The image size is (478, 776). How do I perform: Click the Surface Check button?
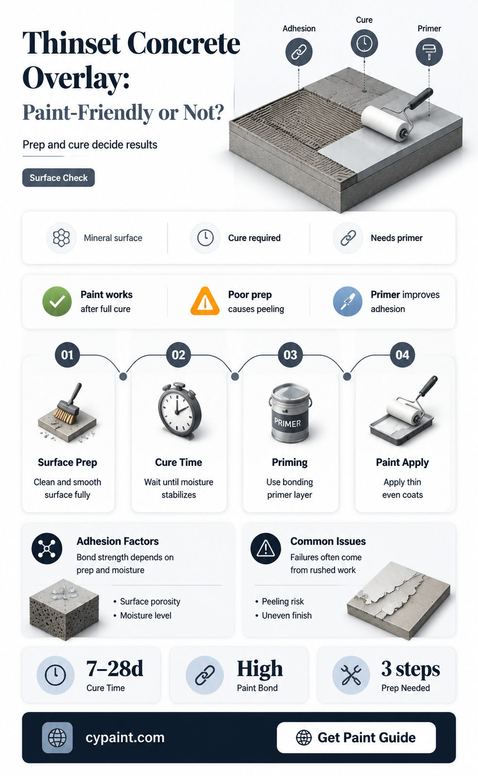(58, 178)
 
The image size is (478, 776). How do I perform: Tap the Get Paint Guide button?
(356, 738)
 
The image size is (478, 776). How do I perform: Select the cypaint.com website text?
(125, 738)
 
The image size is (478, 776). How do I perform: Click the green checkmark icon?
(57, 301)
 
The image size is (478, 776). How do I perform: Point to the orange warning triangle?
(205, 301)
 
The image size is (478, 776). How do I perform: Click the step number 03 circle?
(290, 355)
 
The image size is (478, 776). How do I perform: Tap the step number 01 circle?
(68, 355)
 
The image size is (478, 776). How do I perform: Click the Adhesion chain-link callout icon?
(299, 52)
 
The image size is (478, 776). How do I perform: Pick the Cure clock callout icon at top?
(364, 43)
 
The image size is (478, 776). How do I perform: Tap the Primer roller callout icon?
(429, 52)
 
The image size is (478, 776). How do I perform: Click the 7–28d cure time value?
(115, 668)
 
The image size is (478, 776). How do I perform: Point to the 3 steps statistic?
(410, 669)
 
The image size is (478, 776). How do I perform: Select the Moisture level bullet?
(142, 615)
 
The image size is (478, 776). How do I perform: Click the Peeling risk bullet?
(280, 601)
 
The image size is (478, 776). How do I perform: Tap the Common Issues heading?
(328, 541)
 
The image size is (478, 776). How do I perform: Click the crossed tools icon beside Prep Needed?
(351, 675)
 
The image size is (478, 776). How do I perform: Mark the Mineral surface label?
(113, 238)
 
